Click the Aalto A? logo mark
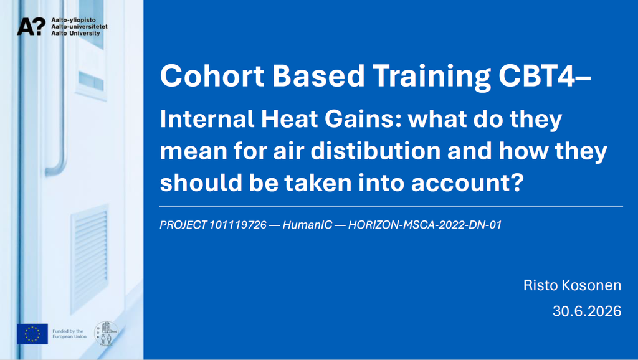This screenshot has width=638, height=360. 31,26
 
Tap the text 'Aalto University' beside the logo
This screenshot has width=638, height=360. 75,34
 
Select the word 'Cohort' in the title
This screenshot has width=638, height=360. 212,75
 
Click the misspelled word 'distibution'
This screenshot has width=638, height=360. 376,151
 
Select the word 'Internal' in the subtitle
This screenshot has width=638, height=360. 207,119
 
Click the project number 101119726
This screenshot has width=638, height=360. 237,225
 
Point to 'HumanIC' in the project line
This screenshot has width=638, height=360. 307,225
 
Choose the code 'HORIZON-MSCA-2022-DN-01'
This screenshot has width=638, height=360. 425,225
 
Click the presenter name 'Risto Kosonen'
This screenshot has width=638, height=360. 572,285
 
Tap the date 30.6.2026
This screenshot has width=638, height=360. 587,311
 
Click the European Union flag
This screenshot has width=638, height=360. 32,334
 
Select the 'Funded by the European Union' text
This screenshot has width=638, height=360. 69,334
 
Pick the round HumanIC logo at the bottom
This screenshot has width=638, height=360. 106,334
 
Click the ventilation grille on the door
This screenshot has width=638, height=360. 90,258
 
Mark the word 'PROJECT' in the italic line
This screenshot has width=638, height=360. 183,225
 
